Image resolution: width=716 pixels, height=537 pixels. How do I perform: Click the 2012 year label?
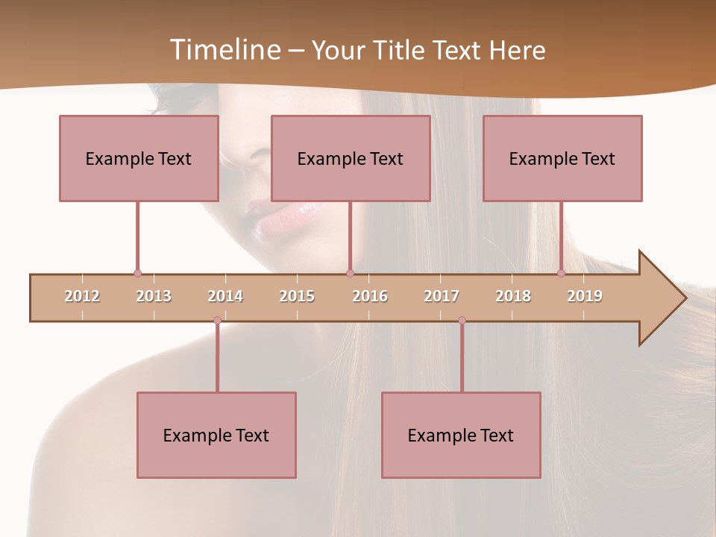(82, 296)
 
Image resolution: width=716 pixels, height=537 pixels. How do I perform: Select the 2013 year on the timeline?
(154, 296)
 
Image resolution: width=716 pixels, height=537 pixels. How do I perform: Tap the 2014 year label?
(225, 296)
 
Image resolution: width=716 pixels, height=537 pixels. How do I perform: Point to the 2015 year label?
(297, 296)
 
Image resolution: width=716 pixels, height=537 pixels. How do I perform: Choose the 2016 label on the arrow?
(370, 296)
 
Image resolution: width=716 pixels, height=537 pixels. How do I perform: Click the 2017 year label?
(442, 296)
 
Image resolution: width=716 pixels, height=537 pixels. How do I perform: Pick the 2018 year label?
(513, 296)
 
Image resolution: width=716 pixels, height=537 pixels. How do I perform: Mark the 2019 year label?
(585, 296)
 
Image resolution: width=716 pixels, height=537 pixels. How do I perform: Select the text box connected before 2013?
(139, 158)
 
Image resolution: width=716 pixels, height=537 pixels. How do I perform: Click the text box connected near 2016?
(351, 158)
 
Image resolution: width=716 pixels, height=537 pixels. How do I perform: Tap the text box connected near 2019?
(562, 158)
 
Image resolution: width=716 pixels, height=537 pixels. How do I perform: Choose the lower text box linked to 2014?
(216, 435)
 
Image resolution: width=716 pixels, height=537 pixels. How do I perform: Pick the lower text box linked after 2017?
(461, 435)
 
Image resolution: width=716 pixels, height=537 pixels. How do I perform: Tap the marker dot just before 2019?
(562, 274)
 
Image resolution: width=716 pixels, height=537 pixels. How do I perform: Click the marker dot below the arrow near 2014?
(217, 321)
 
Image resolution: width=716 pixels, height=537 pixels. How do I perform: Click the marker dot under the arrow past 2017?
(462, 321)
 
